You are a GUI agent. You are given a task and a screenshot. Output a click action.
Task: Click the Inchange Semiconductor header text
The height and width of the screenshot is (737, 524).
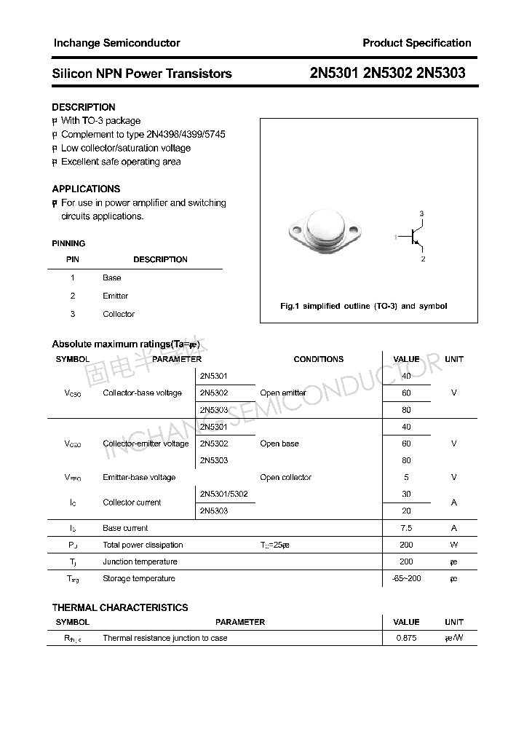(x=116, y=43)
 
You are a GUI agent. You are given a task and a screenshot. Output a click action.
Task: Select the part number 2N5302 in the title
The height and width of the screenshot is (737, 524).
(x=388, y=73)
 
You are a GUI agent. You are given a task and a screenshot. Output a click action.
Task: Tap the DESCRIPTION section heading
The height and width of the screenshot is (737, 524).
(x=84, y=107)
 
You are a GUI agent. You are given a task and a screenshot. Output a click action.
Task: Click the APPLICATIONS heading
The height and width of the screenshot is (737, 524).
(x=86, y=189)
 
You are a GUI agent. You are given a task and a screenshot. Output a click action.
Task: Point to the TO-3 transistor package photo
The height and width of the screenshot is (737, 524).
(x=320, y=234)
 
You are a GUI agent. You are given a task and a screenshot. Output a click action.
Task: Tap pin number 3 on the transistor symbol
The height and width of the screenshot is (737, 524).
(x=421, y=213)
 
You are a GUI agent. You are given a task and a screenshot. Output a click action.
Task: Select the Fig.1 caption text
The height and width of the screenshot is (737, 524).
(x=364, y=306)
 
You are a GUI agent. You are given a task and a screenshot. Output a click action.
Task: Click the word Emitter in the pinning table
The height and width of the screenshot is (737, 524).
(x=115, y=296)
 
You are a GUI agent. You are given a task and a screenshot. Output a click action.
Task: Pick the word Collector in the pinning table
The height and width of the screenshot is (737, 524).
(x=119, y=314)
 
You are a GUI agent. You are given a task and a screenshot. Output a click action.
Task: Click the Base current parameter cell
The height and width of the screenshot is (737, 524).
(x=125, y=528)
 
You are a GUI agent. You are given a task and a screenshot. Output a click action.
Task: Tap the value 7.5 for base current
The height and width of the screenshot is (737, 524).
(x=406, y=528)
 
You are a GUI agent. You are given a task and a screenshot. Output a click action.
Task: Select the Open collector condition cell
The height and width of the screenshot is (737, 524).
(x=285, y=478)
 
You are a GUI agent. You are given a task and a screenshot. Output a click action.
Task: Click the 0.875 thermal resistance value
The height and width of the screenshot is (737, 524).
(x=406, y=638)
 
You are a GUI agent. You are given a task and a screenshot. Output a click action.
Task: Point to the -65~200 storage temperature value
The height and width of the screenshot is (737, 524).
(x=406, y=578)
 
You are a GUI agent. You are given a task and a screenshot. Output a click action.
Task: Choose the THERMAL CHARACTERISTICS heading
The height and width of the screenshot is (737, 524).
(x=120, y=607)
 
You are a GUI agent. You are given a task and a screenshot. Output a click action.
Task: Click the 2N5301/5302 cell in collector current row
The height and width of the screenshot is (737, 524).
(x=223, y=494)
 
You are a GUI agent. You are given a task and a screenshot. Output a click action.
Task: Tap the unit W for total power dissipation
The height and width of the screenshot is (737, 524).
(x=453, y=545)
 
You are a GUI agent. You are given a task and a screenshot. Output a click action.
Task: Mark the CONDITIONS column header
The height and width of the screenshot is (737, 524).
(x=318, y=359)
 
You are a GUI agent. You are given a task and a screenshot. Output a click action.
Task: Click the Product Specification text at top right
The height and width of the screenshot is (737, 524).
(x=416, y=43)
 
